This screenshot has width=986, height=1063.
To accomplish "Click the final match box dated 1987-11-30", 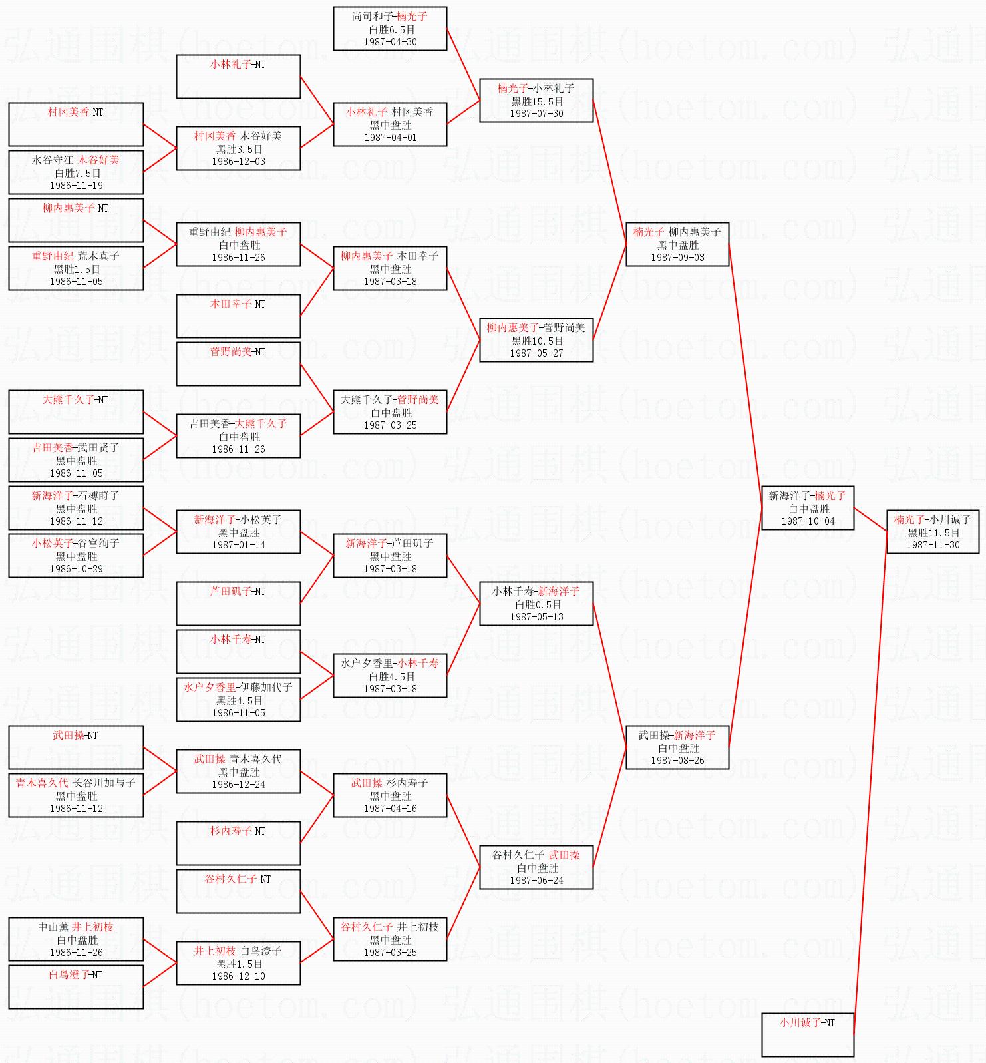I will pyautogui.click(x=933, y=532).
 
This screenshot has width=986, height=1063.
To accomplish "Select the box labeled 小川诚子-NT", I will pyautogui.click(x=807, y=1034).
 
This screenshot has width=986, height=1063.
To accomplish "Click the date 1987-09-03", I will pyautogui.click(x=677, y=258).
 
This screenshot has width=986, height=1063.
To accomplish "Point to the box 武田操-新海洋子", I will pyautogui.click(x=677, y=747).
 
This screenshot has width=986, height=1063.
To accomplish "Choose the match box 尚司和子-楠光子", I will pyautogui.click(x=390, y=29).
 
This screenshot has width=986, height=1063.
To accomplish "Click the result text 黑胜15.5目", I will pyautogui.click(x=536, y=101).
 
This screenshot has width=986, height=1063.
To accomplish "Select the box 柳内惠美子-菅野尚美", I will pyautogui.click(x=536, y=340).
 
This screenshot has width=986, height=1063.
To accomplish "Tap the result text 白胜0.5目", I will pyautogui.click(x=536, y=604).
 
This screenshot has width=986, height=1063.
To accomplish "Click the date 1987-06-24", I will pyautogui.click(x=536, y=881).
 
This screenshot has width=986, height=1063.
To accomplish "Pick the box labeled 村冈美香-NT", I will pyautogui.click(x=76, y=124).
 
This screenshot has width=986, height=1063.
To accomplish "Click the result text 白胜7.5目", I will pyautogui.click(x=76, y=173).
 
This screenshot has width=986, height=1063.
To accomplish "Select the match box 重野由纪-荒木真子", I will pyautogui.click(x=76, y=268).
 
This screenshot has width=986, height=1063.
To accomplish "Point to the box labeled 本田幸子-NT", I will pyautogui.click(x=238, y=316).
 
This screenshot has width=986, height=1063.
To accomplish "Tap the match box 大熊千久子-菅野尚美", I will pyautogui.click(x=390, y=412).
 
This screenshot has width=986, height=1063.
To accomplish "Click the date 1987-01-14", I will pyautogui.click(x=238, y=545).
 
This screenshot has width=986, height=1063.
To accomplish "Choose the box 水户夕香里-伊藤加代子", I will pyautogui.click(x=238, y=700).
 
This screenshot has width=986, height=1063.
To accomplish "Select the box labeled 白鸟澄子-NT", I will pyautogui.click(x=76, y=987).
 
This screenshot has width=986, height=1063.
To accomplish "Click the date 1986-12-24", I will pyautogui.click(x=238, y=785).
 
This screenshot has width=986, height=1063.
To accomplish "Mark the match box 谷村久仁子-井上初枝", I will pyautogui.click(x=390, y=939).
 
